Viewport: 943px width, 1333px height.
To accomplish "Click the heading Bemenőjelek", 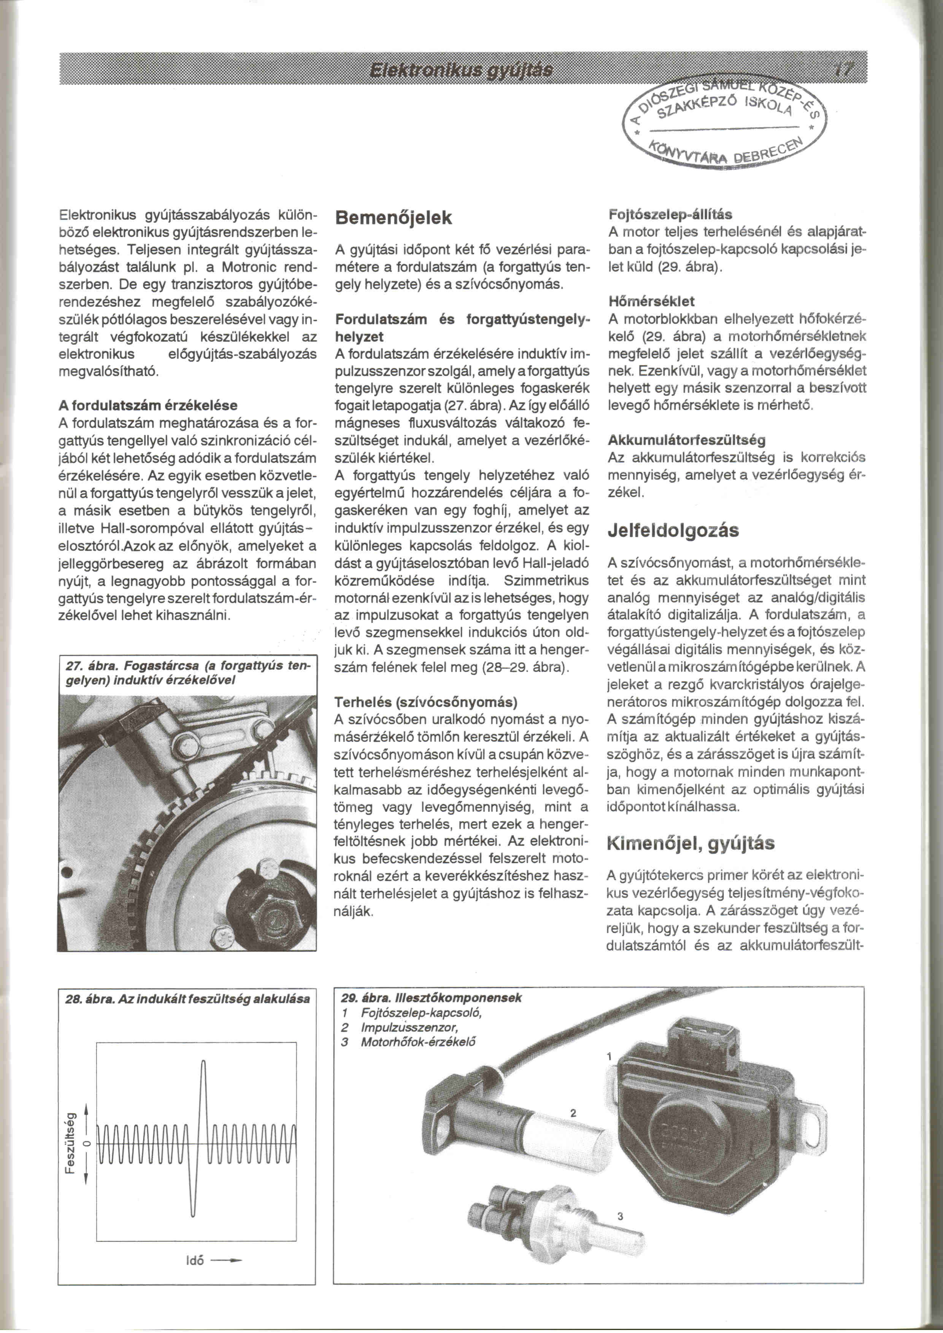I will (394, 218).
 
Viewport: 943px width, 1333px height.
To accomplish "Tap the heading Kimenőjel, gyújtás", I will (691, 843).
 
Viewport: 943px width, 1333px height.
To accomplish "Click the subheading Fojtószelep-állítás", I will (670, 215).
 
